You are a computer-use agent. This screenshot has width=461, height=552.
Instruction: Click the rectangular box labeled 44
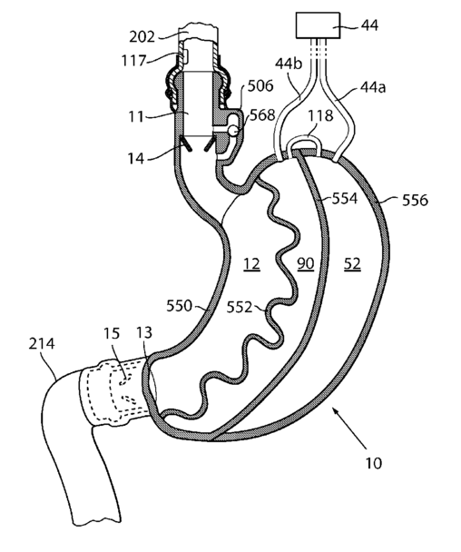coord(319,25)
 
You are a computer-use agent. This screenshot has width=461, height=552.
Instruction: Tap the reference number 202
coord(142,36)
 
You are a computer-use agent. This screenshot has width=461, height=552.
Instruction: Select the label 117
coord(133,61)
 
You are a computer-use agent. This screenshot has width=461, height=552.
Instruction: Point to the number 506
coord(260,86)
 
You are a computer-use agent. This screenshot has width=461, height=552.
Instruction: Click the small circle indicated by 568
coord(233,131)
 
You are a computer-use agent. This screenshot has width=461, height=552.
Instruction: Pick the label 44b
coord(289,64)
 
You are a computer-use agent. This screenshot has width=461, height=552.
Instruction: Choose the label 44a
coord(373,87)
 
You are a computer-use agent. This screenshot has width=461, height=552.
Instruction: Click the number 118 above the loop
coord(320,115)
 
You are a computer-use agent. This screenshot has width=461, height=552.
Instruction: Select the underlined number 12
coord(251,264)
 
